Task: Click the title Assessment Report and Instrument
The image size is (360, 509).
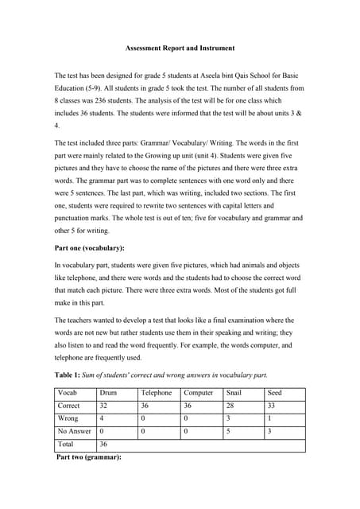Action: tap(179, 47)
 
